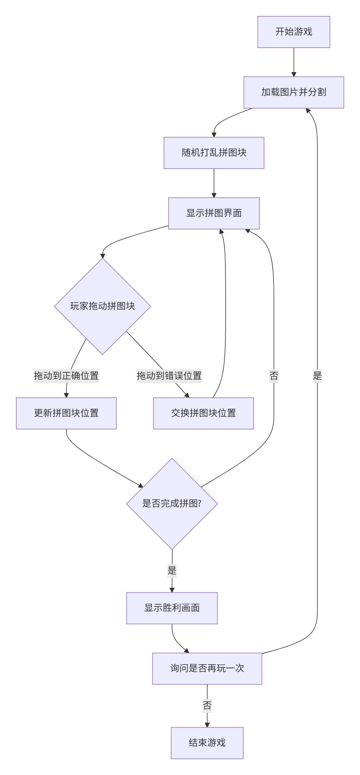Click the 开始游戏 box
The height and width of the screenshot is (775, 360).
(x=293, y=32)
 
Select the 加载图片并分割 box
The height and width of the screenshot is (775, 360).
(x=293, y=92)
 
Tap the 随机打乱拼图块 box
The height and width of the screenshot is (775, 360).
(x=214, y=153)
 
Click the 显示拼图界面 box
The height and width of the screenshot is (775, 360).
(x=214, y=213)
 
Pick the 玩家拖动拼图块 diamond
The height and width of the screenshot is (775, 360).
(x=102, y=306)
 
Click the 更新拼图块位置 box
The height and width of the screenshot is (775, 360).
(x=66, y=413)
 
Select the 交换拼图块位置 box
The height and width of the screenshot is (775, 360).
(x=203, y=413)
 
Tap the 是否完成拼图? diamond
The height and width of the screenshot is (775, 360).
(x=172, y=503)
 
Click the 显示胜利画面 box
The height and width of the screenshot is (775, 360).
(x=172, y=608)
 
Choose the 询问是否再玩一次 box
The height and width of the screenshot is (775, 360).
(x=207, y=669)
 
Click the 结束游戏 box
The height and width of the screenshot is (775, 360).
(x=207, y=743)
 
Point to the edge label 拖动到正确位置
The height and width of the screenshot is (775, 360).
(x=66, y=376)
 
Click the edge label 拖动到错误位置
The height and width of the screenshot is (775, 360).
(x=169, y=376)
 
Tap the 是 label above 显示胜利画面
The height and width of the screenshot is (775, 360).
(x=172, y=570)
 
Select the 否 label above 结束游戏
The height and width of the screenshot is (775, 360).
(x=207, y=706)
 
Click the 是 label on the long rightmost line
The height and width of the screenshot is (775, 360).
(x=317, y=376)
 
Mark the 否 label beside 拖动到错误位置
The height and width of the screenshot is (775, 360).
(x=274, y=376)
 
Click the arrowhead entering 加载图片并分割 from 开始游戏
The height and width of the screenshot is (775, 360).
(x=294, y=74)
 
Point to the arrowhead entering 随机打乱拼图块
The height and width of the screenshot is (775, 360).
(x=214, y=135)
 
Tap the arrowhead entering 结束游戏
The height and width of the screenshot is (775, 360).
(x=207, y=725)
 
